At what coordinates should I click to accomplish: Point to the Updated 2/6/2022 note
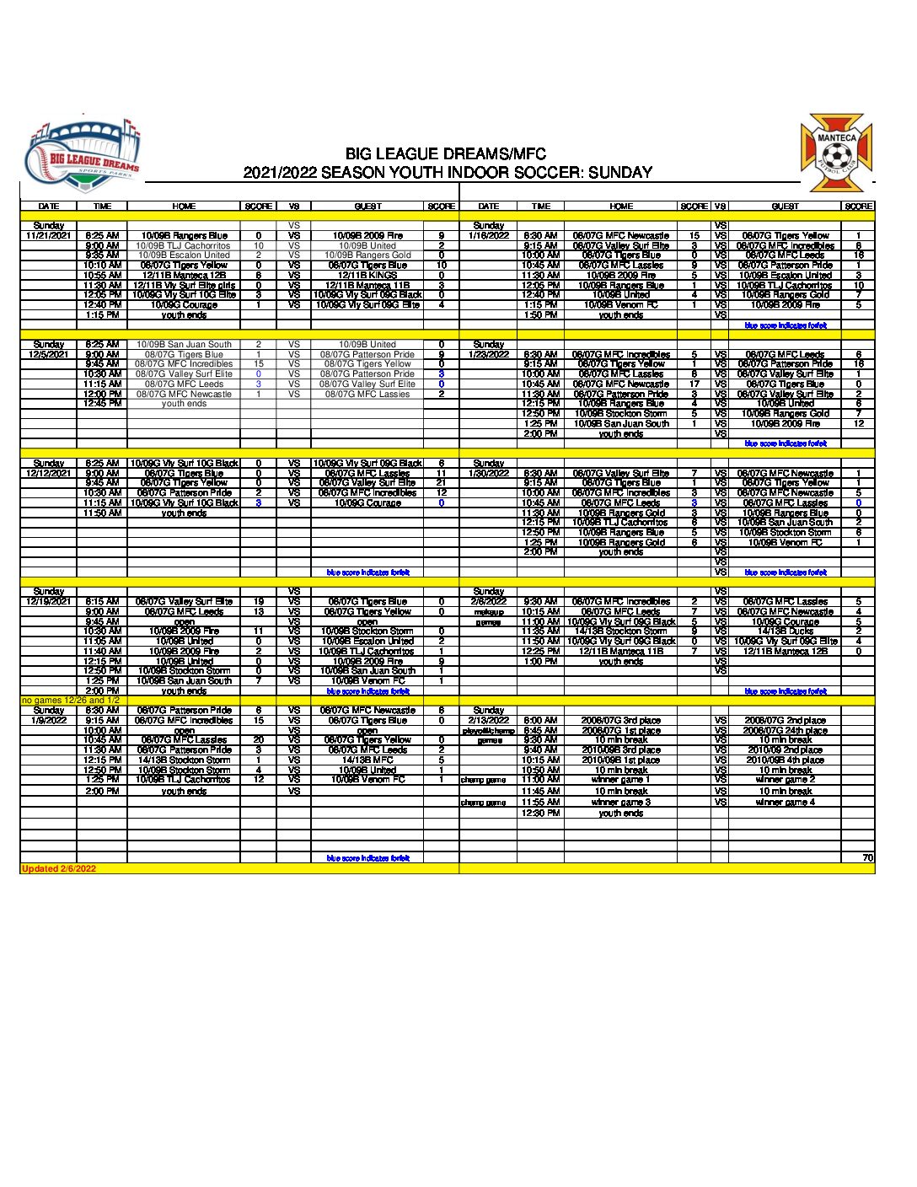[x=59, y=868]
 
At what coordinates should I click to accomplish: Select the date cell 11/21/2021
[x=49, y=236]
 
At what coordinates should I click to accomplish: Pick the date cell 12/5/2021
[x=49, y=355]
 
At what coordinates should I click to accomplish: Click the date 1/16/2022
[x=489, y=236]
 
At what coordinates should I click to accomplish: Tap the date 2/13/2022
[x=489, y=721]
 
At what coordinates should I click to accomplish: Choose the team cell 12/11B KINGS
[x=367, y=276]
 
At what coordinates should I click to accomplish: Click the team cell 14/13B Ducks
[x=785, y=631]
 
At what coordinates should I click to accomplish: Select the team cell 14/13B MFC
[x=367, y=760]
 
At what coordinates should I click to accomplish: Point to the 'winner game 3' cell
[x=621, y=803]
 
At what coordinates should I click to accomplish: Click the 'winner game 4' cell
[x=785, y=803]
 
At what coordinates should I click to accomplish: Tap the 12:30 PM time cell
[x=540, y=814]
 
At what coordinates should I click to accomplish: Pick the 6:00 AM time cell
[x=540, y=721]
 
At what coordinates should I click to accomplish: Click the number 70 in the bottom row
[x=867, y=858]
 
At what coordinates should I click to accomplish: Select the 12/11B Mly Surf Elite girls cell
[x=184, y=286]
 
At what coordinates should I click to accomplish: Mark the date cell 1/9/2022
[x=49, y=721]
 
